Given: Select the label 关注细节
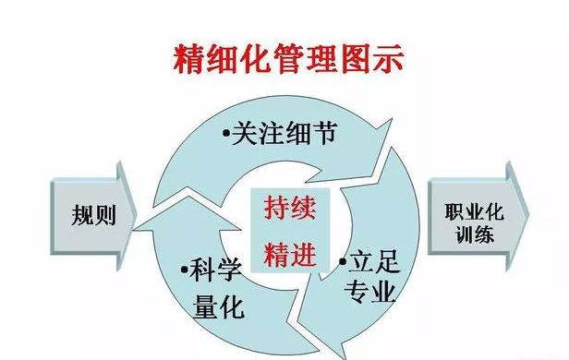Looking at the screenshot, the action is tap(279, 136).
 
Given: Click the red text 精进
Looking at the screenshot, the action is tap(290, 250).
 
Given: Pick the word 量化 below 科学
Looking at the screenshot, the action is tap(216, 305).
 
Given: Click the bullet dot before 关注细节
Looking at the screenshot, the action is tap(226, 137).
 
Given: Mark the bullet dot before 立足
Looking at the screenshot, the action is tap(343, 262).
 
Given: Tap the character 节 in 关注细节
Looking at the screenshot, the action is tap(318, 136).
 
